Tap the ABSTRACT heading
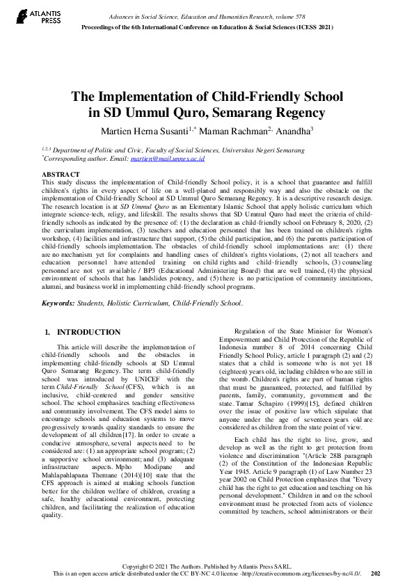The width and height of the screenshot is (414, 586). pos(61,173)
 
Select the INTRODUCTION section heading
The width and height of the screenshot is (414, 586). pos(88,332)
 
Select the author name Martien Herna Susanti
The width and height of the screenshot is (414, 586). pos(141,130)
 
